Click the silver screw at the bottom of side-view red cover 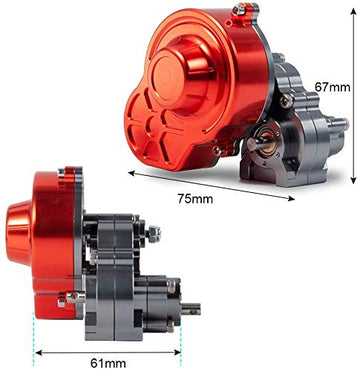[x=63, y=297]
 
